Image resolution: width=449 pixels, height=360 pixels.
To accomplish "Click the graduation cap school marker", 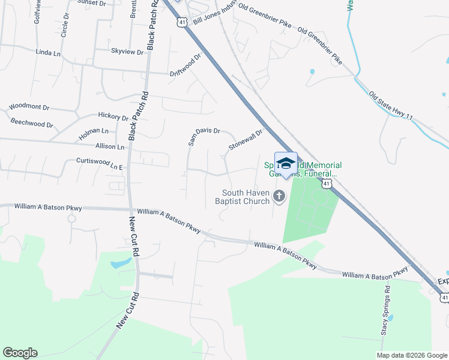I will pos(286,164).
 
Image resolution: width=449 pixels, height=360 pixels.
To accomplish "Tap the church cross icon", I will pos(279,196).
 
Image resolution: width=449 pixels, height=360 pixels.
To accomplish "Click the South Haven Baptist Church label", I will pos(246,197).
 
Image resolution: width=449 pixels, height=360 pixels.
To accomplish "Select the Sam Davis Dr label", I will pos(205,137).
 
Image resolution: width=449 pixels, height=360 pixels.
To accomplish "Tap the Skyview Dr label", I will pos(127,52).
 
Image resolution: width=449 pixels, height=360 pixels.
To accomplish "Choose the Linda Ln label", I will pos(49,53).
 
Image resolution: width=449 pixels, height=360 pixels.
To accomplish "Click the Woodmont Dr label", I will pos(29,107).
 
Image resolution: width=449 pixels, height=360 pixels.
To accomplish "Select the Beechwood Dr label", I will pos(32,124).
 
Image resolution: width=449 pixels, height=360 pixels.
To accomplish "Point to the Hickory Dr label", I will pos(113,116).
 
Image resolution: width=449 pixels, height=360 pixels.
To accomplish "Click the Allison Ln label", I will pos(109,146).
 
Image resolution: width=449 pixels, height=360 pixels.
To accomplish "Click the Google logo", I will pos(20,353).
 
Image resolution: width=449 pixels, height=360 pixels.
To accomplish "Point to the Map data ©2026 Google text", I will pos(412,355).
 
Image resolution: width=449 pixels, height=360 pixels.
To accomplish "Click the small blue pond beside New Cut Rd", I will pos(121,262).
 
